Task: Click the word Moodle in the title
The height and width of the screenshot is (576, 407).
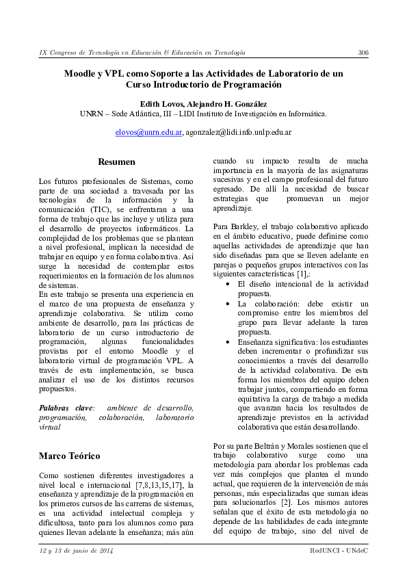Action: click(x=79, y=73)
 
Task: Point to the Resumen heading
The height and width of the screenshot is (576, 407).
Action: click(x=116, y=162)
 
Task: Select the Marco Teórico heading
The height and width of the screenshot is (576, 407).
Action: click(x=70, y=456)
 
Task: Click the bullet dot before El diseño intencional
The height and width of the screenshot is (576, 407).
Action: click(x=228, y=283)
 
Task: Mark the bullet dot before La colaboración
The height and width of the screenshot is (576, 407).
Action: click(x=228, y=302)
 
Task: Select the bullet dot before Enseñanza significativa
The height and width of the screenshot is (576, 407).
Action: click(x=228, y=341)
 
